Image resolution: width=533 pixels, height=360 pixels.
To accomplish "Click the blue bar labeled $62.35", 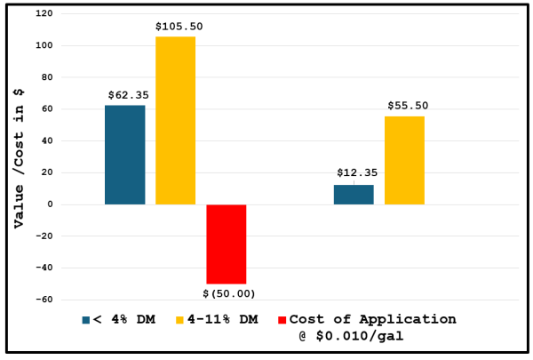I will [124, 155].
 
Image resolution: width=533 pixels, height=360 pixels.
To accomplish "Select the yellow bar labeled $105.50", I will [175, 121].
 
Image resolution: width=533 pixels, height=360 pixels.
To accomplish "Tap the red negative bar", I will [226, 244].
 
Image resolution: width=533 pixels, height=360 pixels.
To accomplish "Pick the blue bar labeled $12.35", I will [354, 195].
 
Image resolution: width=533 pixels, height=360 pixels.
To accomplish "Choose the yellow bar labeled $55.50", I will [404, 160].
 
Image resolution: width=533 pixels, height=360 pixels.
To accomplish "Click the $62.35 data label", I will [125, 95].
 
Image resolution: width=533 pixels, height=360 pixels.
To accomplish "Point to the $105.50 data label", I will [176, 28].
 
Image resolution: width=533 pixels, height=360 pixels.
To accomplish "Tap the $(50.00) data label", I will [227, 293].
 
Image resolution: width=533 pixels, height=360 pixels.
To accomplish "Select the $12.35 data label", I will [354, 173].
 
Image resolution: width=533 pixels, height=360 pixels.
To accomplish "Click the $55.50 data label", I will [407, 106].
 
